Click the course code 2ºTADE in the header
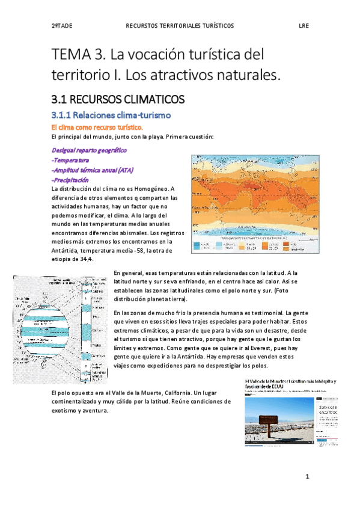coord(61,26)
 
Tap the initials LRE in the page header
coord(304,26)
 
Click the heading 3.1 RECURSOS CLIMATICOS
coord(117,99)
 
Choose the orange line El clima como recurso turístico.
coord(96,127)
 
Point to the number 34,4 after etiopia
coord(87,259)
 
